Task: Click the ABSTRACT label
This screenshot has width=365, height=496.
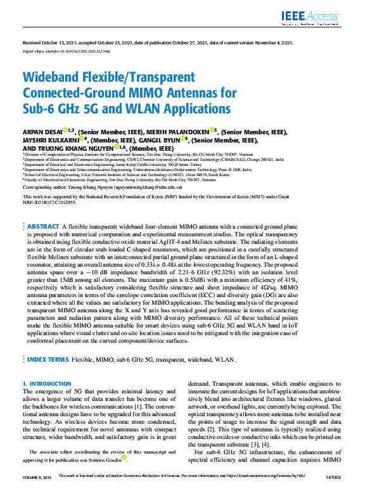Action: click(x=43, y=227)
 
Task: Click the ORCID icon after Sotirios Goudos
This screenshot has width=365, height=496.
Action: click(x=124, y=456)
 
